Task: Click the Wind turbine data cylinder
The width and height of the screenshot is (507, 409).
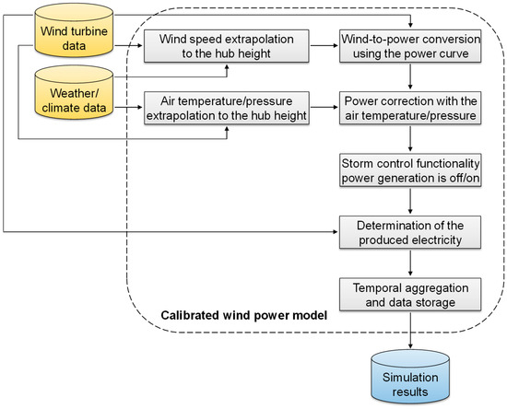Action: point(74,30)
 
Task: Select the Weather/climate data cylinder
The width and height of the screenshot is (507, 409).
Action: point(74,92)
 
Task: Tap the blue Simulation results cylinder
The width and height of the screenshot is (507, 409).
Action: point(410,377)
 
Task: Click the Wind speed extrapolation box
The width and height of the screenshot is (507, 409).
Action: point(227,46)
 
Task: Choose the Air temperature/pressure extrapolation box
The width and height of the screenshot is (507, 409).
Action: point(227,108)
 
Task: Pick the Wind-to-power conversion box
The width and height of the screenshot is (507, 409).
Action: point(410,46)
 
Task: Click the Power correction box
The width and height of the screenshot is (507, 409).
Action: point(410,108)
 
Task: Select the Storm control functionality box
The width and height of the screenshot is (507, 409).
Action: point(410,170)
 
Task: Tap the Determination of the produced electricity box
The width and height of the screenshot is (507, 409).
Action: point(410,232)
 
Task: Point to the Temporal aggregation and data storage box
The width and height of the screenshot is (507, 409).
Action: point(410,295)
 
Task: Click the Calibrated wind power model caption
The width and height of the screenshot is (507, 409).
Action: point(244,315)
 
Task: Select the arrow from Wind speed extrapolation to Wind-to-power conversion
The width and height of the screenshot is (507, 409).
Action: point(324,45)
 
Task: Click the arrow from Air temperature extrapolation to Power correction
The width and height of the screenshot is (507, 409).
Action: point(324,107)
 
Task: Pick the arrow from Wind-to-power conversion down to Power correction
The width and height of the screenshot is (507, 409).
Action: point(410,76)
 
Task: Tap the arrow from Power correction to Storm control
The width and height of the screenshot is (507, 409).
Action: point(410,138)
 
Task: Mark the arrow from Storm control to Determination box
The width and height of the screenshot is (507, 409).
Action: point(410,201)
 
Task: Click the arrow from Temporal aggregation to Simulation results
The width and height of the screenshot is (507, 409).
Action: point(410,331)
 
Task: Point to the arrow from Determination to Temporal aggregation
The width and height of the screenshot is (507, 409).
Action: point(410,263)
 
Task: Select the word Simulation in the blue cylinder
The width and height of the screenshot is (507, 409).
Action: point(410,378)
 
